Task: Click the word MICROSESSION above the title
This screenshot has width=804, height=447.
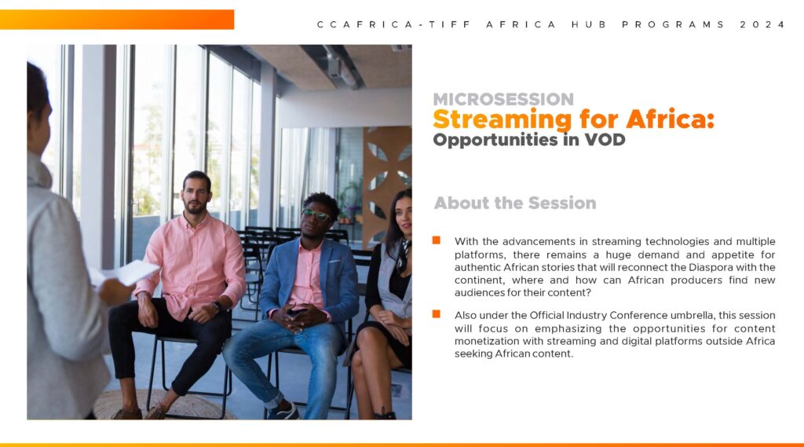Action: point(503,98)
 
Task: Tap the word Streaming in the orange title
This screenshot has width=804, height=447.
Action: point(502,120)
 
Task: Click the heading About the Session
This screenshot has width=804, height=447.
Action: point(515,203)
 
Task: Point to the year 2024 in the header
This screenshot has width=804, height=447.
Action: point(762,24)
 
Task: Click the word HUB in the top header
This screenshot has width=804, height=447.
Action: point(590,24)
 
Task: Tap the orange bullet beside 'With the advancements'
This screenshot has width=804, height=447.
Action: point(437,240)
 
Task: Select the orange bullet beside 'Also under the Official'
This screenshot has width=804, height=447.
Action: point(437,314)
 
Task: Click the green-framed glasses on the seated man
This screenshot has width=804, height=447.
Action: point(316,214)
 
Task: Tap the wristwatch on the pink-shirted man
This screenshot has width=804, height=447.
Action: point(217,306)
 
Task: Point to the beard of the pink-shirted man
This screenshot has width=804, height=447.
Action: point(196,207)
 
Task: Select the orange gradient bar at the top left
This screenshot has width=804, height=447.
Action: point(117,20)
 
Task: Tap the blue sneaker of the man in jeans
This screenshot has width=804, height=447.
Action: point(283,412)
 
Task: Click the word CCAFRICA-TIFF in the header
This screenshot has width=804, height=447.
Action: point(394,24)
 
